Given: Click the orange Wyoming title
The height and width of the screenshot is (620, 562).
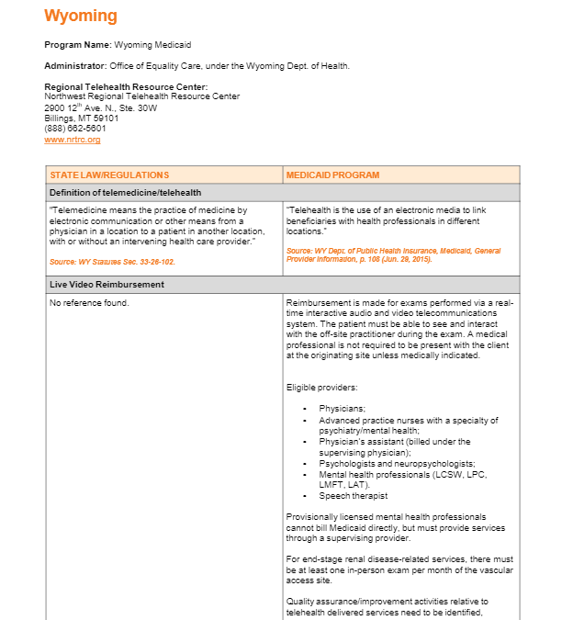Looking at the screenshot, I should click(81, 16).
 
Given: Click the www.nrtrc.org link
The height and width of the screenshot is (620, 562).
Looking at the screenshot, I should click(72, 140).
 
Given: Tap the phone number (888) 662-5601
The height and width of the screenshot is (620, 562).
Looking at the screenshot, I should click(75, 129).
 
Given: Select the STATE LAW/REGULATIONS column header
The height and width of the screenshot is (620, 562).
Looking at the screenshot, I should click(109, 175).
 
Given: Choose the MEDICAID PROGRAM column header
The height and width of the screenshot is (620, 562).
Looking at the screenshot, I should click(332, 175).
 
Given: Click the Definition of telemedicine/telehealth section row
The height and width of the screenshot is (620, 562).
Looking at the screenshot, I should click(125, 193).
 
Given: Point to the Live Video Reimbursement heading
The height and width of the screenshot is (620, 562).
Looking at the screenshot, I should click(107, 285).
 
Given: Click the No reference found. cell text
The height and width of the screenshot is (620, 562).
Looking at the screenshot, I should click(89, 303).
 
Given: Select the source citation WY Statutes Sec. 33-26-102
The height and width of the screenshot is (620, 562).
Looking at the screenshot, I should click(112, 262).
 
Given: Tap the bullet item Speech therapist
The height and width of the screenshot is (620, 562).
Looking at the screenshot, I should click(354, 496).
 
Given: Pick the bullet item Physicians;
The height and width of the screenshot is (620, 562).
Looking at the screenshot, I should click(342, 408).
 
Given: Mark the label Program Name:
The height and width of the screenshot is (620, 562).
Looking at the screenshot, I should click(78, 44).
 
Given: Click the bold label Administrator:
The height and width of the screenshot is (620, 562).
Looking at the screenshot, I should click(75, 66).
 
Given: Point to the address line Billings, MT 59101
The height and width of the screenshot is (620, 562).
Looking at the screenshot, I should click(82, 118).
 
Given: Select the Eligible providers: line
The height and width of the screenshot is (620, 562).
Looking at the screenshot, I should click(320, 388).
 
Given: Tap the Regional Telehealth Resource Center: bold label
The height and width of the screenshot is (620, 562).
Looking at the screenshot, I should click(126, 87).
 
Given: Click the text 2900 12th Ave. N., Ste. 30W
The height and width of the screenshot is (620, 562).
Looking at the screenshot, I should click(101, 107).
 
